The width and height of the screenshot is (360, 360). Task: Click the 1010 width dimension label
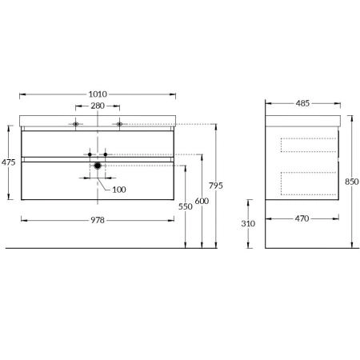click(x=98, y=94)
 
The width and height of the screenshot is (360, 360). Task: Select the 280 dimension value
click(x=98, y=106)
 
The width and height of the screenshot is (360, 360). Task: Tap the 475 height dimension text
click(x=9, y=162)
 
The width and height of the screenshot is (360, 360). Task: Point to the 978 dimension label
click(x=98, y=220)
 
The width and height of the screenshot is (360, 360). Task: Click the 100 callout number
click(x=119, y=190)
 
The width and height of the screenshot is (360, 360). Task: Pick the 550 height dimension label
click(x=186, y=206)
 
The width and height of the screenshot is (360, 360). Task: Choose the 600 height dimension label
click(x=202, y=201)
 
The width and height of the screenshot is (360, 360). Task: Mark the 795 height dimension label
click(x=216, y=186)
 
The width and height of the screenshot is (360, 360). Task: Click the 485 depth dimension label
click(x=302, y=103)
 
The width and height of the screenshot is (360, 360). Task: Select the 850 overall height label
click(x=352, y=182)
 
